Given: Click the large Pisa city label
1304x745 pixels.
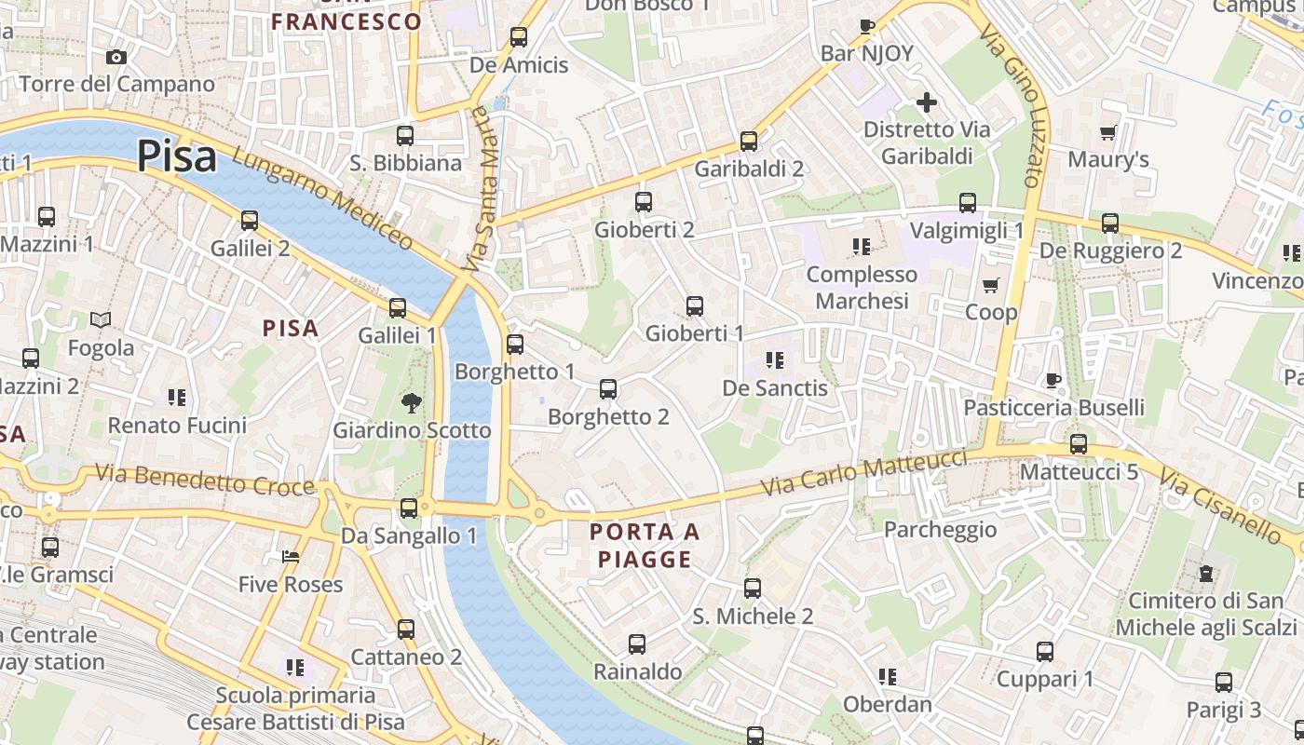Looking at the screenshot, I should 177,156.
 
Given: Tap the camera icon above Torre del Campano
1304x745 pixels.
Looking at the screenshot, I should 116,57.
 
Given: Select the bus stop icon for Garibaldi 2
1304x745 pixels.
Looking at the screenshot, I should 749,142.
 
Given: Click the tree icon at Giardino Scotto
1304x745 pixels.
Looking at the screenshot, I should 410,403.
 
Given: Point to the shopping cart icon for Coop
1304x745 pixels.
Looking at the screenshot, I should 990,285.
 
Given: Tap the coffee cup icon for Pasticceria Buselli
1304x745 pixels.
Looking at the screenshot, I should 1053,380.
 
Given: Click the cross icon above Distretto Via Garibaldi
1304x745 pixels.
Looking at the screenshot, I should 926,102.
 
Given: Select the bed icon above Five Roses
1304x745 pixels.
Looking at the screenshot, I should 291,557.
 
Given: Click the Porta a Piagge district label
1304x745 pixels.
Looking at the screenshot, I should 645,546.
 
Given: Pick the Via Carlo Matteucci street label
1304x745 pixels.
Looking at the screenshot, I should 863,473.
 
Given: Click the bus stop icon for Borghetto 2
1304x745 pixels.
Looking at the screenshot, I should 608,389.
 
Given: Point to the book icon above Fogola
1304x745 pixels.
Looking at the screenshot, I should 101,320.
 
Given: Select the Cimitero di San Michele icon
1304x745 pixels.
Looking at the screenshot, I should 1206,574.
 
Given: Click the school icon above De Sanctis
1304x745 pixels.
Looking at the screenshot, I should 774,359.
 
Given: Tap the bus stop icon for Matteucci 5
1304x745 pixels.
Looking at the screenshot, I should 1079,444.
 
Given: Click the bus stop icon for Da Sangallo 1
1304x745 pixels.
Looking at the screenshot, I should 409,508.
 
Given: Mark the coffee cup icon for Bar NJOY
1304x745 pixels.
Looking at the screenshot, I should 867,26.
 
